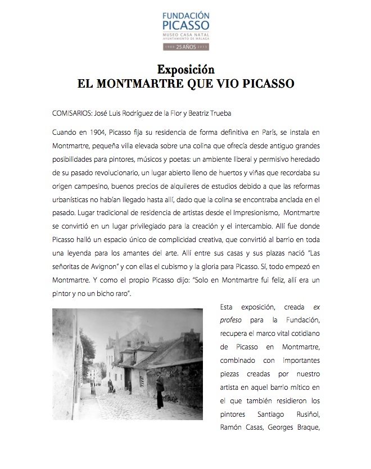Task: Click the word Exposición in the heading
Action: (185, 70)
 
